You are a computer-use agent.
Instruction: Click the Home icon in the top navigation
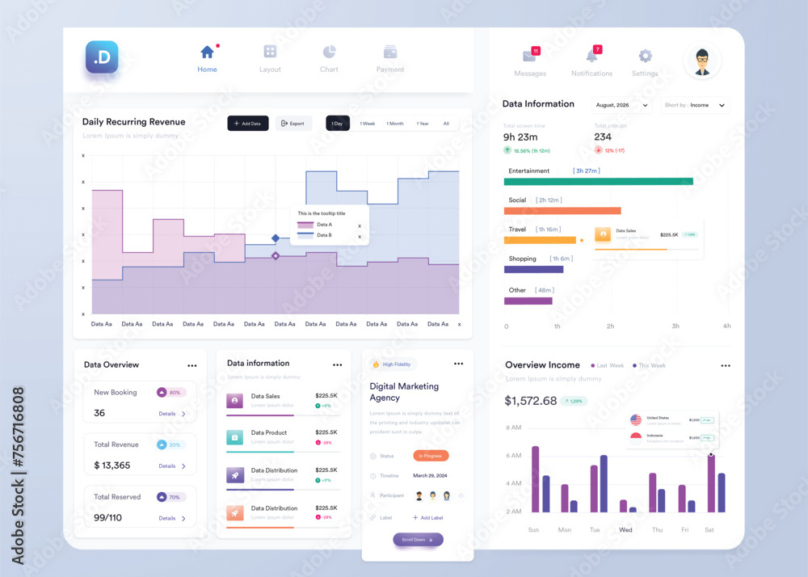coord(207,53)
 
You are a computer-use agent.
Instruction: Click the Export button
coord(293,124)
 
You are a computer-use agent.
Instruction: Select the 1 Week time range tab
coord(368,124)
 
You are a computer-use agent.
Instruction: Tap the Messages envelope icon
coord(529,56)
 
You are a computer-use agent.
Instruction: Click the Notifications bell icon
coord(591,56)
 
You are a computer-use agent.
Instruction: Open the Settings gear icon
coord(645,56)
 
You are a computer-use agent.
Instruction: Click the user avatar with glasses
coord(702,61)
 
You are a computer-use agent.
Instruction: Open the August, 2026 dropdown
coord(622,105)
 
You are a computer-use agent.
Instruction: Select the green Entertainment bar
coord(598,181)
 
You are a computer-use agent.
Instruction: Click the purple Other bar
coord(528,301)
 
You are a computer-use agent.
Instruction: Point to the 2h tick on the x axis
coord(610,326)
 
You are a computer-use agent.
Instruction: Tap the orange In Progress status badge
coord(431,456)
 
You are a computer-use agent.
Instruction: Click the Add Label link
coord(427,517)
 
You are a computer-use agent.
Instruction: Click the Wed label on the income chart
coord(625,530)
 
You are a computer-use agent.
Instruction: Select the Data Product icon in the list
coord(234,437)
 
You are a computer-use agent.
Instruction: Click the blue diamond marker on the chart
coord(276,238)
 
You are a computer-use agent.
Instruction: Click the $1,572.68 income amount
coord(530,401)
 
